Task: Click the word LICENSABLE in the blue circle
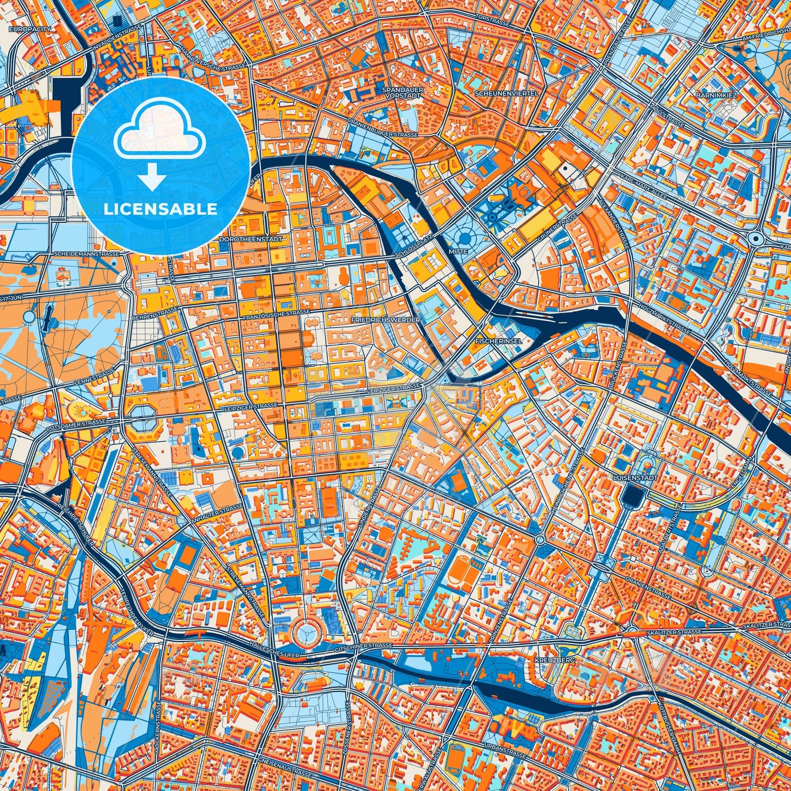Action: tap(160, 209)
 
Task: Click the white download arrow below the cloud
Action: tap(153, 178)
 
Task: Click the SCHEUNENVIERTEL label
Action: tap(506, 93)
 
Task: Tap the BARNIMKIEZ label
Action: tap(717, 95)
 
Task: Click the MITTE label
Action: tap(458, 251)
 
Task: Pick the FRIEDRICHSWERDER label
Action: tap(386, 320)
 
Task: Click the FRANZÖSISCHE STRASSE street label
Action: tap(276, 314)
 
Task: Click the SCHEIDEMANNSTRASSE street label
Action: tap(86, 255)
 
